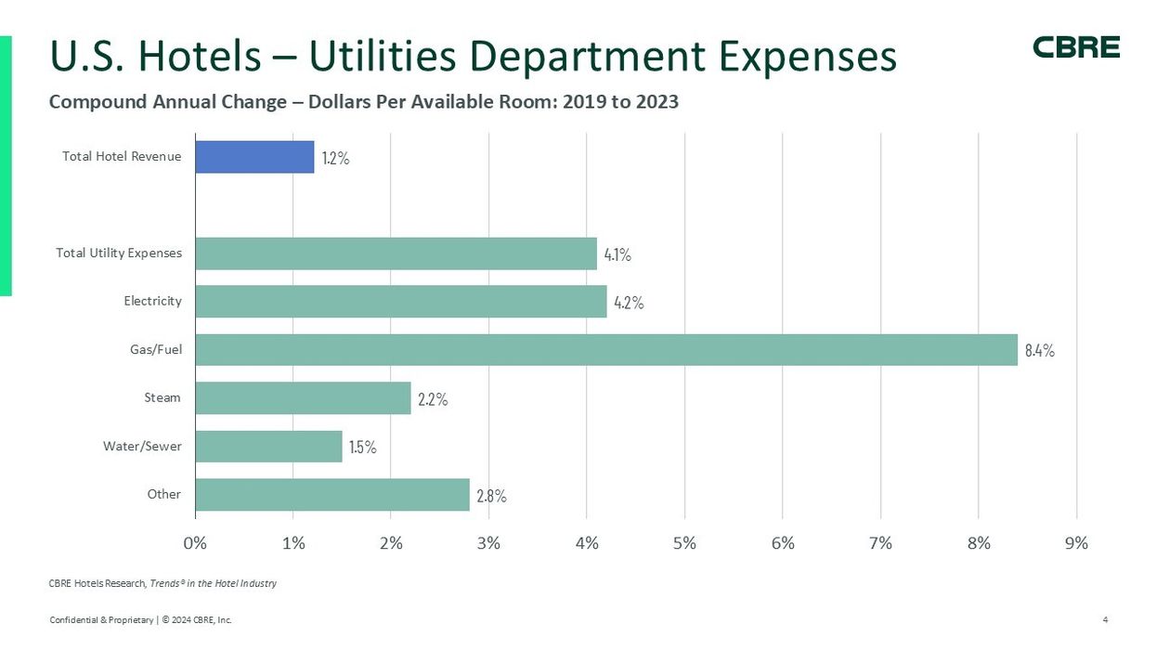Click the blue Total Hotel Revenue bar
tap(254, 157)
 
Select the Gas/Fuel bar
tap(606, 350)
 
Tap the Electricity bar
tap(400, 302)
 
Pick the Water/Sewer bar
tap(268, 447)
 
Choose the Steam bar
tap(303, 398)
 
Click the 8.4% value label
tap(1039, 351)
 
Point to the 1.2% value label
tap(335, 158)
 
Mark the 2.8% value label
tap(491, 496)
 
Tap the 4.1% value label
tap(617, 254)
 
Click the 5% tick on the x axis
tap(684, 543)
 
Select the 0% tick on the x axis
tap(195, 543)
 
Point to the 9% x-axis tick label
tap(1076, 543)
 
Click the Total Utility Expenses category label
tap(119, 253)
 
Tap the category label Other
tap(164, 494)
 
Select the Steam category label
tap(162, 398)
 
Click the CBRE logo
tap(1076, 47)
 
